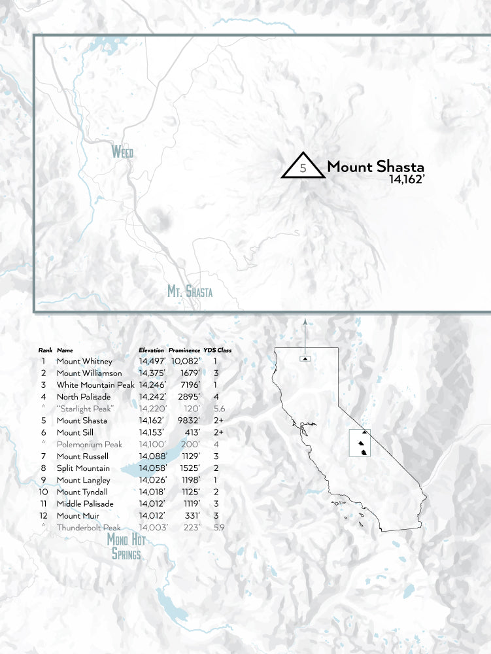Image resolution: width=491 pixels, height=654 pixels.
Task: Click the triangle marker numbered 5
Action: coord(303,167)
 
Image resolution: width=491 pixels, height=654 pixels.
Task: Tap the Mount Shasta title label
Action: coord(375,166)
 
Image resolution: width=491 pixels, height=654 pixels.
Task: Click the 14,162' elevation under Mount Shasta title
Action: coord(407,179)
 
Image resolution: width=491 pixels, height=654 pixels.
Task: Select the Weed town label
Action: coord(122,152)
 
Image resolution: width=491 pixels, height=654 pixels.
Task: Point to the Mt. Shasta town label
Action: coord(190,291)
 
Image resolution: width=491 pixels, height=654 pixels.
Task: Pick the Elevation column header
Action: coord(152,351)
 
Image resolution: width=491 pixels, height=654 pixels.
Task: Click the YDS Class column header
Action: coord(218,351)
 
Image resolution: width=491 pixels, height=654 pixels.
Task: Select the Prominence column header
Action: coord(184,351)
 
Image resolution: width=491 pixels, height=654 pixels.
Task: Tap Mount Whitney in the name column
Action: coord(84,361)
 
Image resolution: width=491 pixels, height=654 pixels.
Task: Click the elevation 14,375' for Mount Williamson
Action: coord(152,373)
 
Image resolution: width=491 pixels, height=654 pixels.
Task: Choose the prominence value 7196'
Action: coord(186,385)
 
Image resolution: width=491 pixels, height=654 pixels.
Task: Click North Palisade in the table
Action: coord(83,396)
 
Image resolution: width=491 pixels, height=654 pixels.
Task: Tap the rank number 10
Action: coord(43,492)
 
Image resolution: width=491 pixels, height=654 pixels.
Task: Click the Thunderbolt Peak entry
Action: coord(88,527)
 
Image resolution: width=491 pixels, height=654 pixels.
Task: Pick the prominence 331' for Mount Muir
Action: coord(191,515)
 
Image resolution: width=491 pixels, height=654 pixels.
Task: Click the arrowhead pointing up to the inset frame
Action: coord(305,322)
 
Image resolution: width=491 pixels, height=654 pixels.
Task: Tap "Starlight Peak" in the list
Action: coord(85,408)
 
